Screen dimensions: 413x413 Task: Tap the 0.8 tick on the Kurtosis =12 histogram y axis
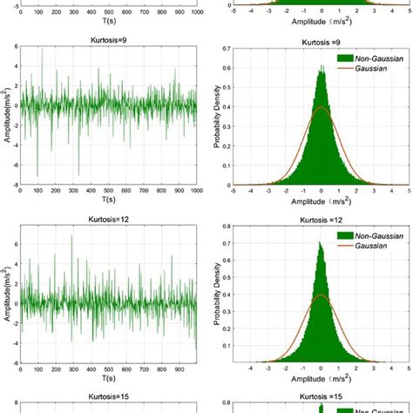(224, 230)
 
